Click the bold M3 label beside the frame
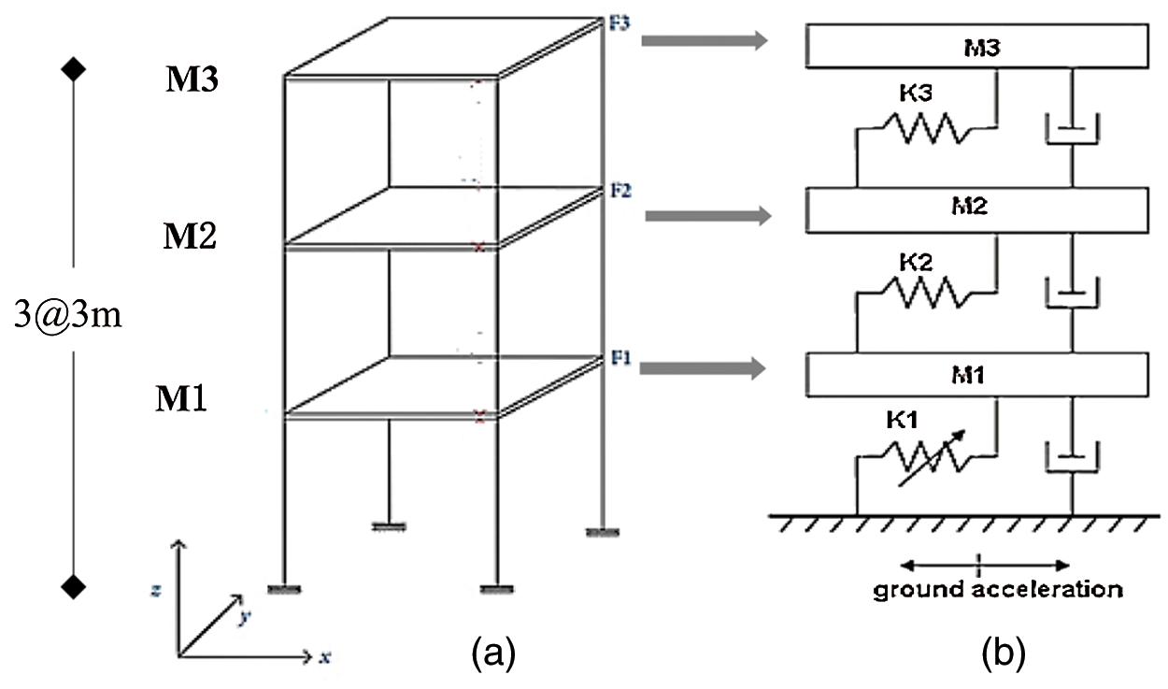coord(192,80)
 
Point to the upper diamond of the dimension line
coord(74,69)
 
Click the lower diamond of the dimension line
coord(74,586)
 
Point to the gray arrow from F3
coord(705,41)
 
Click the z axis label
coord(164,591)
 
